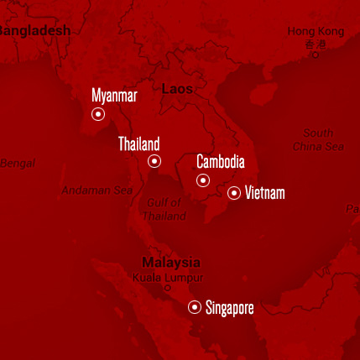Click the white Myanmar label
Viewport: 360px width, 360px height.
pyautogui.click(x=114, y=96)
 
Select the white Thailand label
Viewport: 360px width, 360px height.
pyautogui.click(x=138, y=144)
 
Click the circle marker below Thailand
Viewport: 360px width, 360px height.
pyautogui.click(x=154, y=161)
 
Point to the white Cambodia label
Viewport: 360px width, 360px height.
pyautogui.click(x=220, y=163)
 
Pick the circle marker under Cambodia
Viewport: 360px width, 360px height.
pyautogui.click(x=202, y=180)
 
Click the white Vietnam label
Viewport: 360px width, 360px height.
pyautogui.click(x=264, y=194)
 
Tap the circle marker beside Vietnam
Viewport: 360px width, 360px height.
pyautogui.click(x=234, y=193)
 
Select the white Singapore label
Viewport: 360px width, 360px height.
pyautogui.click(x=229, y=308)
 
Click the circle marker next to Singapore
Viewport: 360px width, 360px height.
pyautogui.click(x=195, y=307)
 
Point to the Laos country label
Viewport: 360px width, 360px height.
pyautogui.click(x=177, y=88)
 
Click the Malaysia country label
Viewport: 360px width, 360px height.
pyautogui.click(x=171, y=262)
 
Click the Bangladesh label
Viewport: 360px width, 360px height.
pyautogui.click(x=34, y=29)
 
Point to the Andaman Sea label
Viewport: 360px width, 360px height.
pyautogui.click(x=97, y=190)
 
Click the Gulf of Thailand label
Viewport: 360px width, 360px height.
pyautogui.click(x=164, y=209)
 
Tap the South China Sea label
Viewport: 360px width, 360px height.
pyautogui.click(x=318, y=140)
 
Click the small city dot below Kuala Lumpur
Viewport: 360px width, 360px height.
pyautogui.click(x=167, y=288)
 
